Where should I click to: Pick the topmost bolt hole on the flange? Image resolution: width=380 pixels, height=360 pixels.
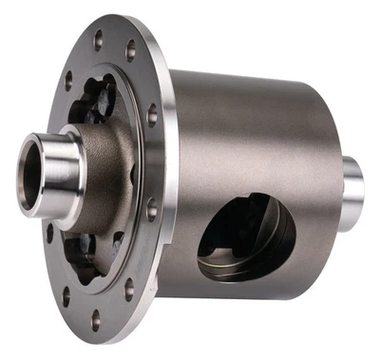(98, 37)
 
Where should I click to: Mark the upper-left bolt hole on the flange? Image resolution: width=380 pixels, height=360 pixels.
(68, 76)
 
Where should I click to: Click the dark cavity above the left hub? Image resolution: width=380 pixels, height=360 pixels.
(100, 100)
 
